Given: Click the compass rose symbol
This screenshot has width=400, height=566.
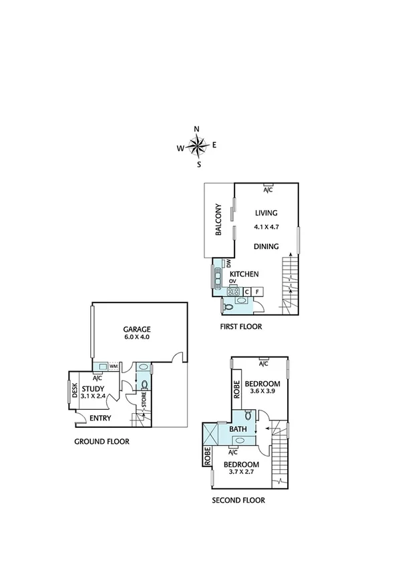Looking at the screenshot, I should (198, 146).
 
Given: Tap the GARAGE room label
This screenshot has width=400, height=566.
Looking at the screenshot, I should (136, 329).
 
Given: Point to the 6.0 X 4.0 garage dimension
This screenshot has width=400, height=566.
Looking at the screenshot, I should (136, 338).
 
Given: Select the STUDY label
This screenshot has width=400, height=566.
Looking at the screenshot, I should (93, 388).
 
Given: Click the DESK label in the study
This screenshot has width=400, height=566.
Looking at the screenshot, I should (75, 390).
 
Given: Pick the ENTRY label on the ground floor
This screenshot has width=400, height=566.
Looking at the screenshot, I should (99, 418).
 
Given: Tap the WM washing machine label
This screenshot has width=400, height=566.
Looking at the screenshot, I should (114, 366).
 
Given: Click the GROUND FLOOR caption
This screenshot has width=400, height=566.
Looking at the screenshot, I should (102, 441).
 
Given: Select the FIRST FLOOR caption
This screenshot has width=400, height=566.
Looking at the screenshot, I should (240, 327).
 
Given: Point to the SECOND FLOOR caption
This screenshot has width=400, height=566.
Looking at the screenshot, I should (238, 500).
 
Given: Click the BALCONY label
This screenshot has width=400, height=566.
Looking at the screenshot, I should (218, 220).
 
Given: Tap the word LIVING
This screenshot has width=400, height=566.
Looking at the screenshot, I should (265, 213).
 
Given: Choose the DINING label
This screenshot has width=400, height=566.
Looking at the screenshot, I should (265, 246).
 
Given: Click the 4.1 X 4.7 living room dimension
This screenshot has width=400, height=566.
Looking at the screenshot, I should (265, 227).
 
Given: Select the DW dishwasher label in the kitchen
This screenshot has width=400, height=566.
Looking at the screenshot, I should (228, 264).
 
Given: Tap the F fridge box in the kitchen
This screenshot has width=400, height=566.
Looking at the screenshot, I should (257, 292).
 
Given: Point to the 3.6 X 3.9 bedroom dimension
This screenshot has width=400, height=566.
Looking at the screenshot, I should (262, 393).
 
